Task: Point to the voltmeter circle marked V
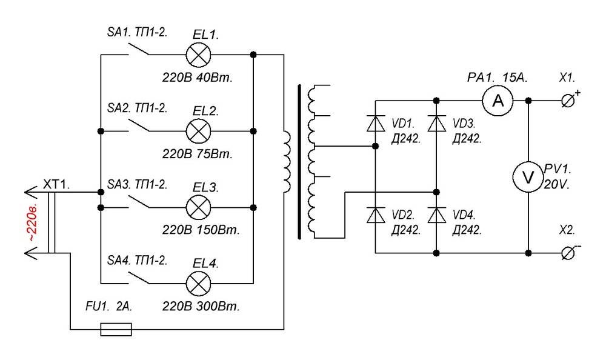click(527, 176)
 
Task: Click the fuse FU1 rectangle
click(116, 329)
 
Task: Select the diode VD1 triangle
click(376, 123)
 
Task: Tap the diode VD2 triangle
click(376, 214)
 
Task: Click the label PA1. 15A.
click(499, 78)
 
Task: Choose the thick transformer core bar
click(299, 162)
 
